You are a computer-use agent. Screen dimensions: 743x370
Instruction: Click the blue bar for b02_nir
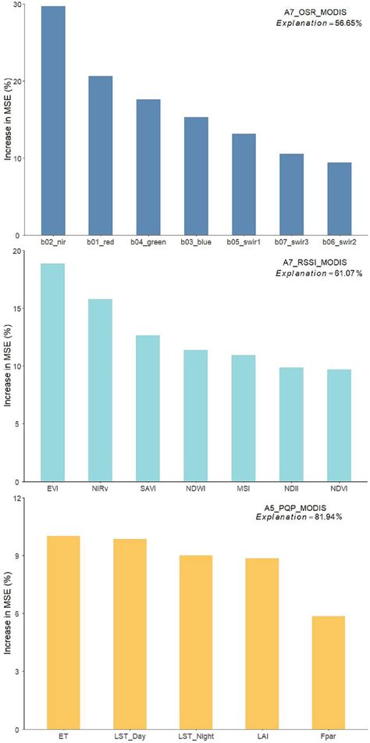coord(53,120)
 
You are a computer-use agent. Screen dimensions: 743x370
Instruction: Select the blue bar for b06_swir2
coord(340,198)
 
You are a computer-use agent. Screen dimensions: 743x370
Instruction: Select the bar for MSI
coord(244,418)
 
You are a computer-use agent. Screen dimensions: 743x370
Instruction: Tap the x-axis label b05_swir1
coord(244,243)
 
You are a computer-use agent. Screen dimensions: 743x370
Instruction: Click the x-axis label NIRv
coord(101,490)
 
